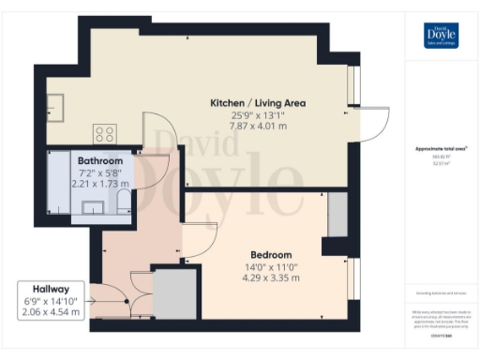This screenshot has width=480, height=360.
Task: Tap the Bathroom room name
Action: point(101,161)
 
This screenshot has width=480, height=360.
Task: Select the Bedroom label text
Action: point(271,255)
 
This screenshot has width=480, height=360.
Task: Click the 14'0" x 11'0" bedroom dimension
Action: point(271,266)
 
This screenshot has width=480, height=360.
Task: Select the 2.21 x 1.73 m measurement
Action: point(102,184)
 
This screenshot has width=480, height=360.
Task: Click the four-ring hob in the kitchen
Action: point(104,133)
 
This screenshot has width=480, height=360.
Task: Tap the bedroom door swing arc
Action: point(202,240)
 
